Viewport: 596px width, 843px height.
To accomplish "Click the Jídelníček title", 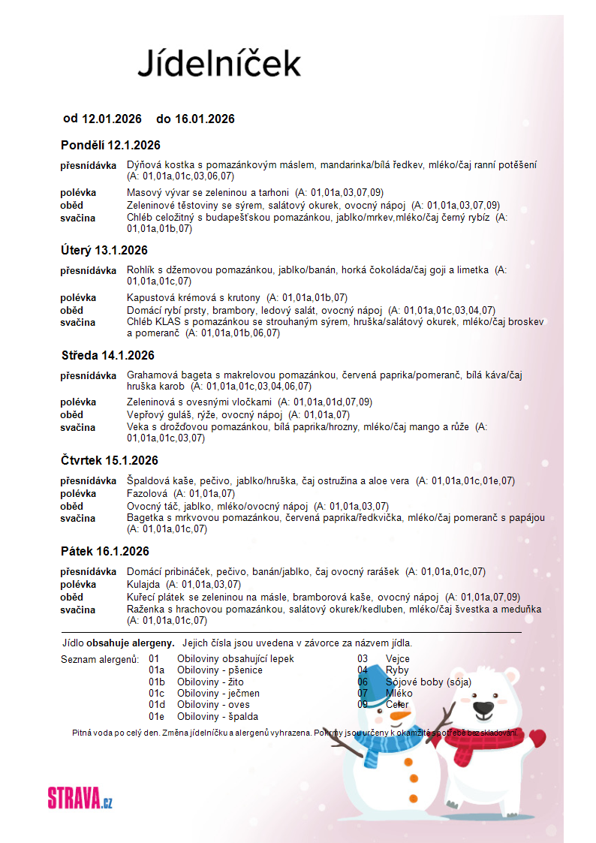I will coord(218,63).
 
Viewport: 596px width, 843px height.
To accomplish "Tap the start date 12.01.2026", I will coord(112,119).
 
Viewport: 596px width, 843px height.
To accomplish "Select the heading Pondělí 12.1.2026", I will coord(110,145).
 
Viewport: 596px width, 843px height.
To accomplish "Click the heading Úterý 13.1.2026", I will coord(104,250).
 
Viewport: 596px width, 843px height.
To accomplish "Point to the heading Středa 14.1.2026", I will coord(107,355).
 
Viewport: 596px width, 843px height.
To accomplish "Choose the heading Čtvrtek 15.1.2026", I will coord(110,460).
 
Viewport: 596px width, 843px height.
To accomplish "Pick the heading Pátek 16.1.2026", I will coord(105,552).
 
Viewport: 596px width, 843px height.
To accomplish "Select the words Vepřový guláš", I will coord(160,414).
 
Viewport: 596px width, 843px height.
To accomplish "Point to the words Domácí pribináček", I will coord(170,571).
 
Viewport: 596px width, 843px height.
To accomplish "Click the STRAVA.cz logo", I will coord(80,797).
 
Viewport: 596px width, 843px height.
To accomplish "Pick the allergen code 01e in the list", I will coord(156,716).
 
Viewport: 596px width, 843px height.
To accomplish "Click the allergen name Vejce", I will coord(398,659).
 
